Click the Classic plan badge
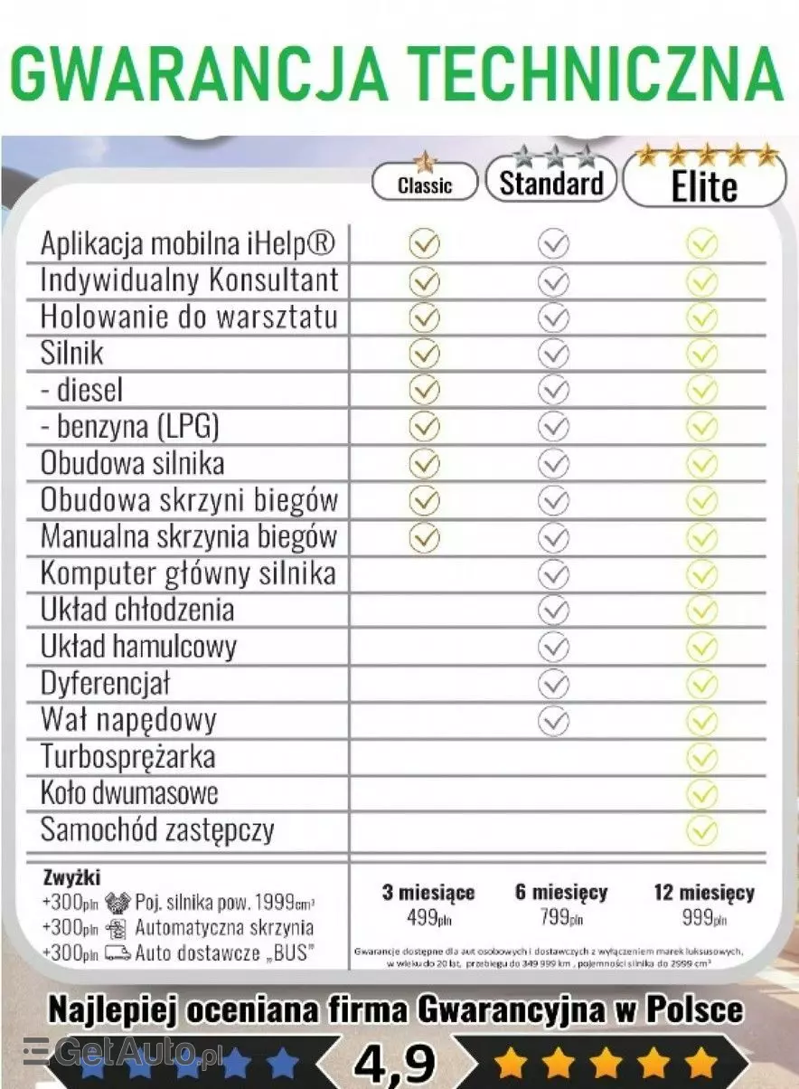tap(424, 184)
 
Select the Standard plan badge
tap(551, 182)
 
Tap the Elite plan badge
tap(704, 185)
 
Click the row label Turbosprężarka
tap(128, 757)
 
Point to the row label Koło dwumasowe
tap(129, 793)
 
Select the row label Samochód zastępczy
tap(157, 830)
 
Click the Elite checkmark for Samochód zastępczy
tap(701, 829)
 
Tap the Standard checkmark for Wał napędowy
tap(553, 721)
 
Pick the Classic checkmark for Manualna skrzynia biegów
tap(424, 537)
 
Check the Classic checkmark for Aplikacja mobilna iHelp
tap(424, 243)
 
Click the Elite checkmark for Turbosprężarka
tap(701, 757)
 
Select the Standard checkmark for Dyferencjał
tap(553, 684)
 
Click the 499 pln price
tap(428, 918)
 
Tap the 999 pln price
tap(704, 918)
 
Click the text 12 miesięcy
tap(704, 893)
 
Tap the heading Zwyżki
tap(72, 877)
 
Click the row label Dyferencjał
tap(105, 684)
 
